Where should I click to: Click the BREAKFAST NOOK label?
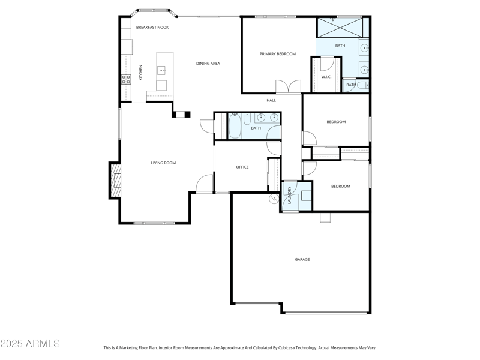coord(152,28)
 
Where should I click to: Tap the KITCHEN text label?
coord(141,73)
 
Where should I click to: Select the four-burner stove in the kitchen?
coord(126,78)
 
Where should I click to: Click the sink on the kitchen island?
coord(162,71)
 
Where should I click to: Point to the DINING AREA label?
coord(208,64)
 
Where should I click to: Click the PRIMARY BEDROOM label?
coord(277,54)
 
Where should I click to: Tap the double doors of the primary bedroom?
coord(288,87)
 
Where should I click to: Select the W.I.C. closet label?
coord(326,77)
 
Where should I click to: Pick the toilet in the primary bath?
coord(364,86)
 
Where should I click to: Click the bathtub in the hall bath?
coord(235,127)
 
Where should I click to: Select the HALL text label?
coord(271,100)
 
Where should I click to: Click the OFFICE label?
coord(242,167)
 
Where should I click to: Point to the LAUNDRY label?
coord(289,196)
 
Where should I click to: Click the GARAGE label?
coord(302,260)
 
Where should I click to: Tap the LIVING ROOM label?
coord(163,163)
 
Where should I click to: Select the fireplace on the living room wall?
coord(114,179)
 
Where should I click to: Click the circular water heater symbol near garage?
coord(274,199)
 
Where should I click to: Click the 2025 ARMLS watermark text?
coord(30,344)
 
